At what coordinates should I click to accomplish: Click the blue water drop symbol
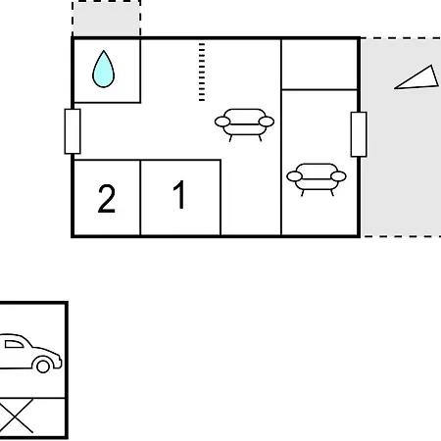(x=104, y=70)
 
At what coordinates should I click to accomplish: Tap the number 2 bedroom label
(x=107, y=198)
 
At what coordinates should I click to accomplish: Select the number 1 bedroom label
(x=179, y=195)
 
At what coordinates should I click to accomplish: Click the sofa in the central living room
(x=244, y=124)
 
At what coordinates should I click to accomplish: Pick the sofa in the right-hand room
(x=317, y=179)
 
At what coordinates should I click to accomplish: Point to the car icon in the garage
(x=30, y=353)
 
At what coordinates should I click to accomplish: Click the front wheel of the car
(x=43, y=366)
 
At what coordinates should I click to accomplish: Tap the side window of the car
(x=14, y=344)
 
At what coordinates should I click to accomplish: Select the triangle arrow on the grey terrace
(x=416, y=77)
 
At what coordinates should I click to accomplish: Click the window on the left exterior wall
(x=73, y=131)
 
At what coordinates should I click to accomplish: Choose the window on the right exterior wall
(x=359, y=134)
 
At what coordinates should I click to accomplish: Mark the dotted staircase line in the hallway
(x=202, y=72)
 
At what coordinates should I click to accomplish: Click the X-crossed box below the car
(x=17, y=416)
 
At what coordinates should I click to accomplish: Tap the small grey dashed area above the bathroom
(x=107, y=19)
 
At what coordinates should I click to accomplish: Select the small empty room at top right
(x=319, y=64)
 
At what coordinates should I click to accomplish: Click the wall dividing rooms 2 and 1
(x=140, y=197)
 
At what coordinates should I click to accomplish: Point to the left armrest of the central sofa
(x=222, y=122)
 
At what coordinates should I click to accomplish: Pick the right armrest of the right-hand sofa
(x=338, y=176)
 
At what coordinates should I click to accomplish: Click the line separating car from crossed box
(x=32, y=398)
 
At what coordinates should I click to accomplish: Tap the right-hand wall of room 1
(x=220, y=197)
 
